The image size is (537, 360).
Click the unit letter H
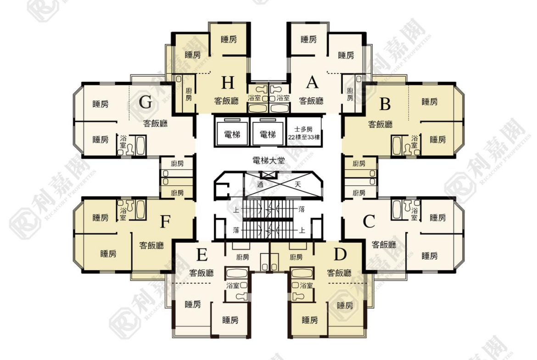point(228,83)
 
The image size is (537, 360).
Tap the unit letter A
point(312,82)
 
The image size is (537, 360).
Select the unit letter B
point(385,104)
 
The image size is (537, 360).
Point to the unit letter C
point(369,222)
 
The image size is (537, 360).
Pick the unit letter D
point(340,254)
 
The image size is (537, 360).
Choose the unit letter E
point(201,255)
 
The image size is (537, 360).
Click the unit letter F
point(165,222)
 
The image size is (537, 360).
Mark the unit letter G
point(145,102)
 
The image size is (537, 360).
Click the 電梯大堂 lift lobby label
point(268,160)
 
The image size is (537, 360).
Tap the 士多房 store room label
point(303,129)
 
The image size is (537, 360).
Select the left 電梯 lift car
point(232,133)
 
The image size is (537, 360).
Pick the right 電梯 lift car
point(268,133)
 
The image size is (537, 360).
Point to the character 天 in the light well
point(298,184)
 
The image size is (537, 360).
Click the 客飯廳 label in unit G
point(156,123)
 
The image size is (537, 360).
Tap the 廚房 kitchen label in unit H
point(189,94)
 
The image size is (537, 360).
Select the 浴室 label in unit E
point(233,285)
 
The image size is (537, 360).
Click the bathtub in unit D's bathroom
point(302,273)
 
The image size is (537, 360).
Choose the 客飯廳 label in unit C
point(384,245)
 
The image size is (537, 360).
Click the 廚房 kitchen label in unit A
point(350,94)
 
